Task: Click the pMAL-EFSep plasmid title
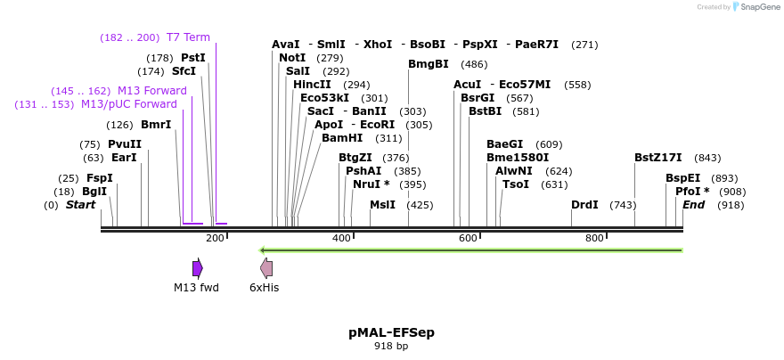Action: (391, 332)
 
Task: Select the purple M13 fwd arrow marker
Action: (198, 268)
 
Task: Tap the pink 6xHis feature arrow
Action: (266, 268)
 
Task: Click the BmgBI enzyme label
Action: (429, 64)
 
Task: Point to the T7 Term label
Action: (188, 37)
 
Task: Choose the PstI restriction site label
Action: (193, 58)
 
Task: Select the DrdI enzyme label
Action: (584, 205)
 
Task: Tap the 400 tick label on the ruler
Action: (341, 238)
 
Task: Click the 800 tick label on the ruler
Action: (594, 238)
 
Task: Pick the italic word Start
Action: (80, 205)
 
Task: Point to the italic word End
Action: (694, 205)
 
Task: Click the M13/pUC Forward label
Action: (129, 104)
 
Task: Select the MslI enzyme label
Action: (382, 205)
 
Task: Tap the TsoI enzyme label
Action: (516, 184)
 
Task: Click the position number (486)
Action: (474, 64)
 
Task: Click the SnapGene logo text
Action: (760, 7)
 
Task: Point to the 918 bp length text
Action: (391, 346)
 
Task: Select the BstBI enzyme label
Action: (485, 111)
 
